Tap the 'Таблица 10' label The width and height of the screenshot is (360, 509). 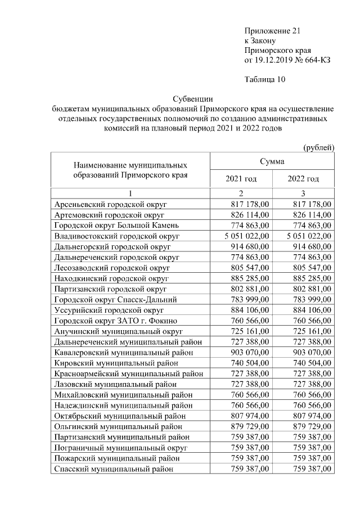click(265, 79)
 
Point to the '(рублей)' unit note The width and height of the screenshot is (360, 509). click(318, 147)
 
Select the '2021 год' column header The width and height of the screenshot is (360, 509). click(241, 179)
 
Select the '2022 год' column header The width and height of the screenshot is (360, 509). click(303, 179)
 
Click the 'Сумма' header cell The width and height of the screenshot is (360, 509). click(272, 161)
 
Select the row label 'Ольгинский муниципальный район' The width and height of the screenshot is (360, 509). click(121, 425)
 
